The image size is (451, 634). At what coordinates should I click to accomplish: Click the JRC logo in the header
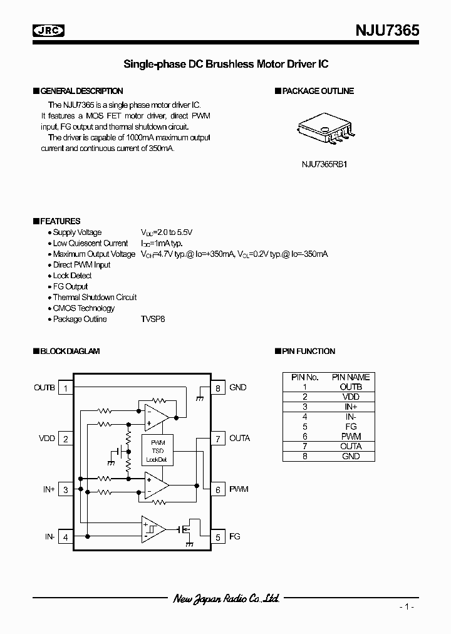click(49, 29)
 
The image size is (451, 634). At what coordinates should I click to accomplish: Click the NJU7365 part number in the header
click(388, 29)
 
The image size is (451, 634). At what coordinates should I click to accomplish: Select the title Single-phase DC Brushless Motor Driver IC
click(225, 64)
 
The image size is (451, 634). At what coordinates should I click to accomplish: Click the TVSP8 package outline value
click(153, 319)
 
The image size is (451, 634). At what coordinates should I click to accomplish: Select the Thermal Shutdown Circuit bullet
click(95, 297)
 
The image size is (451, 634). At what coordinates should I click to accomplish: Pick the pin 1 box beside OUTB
click(66, 388)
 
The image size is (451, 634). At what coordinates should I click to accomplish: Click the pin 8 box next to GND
click(217, 388)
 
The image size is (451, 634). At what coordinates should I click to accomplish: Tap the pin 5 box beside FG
click(217, 536)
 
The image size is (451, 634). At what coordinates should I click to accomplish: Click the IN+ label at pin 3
click(49, 489)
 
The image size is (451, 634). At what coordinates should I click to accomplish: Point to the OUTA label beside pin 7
click(240, 439)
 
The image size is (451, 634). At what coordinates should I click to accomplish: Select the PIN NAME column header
click(351, 377)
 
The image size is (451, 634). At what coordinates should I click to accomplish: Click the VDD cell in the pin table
click(351, 397)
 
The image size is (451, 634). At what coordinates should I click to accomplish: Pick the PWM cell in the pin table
click(351, 436)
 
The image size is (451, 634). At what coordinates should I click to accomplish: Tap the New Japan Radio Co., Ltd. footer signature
click(225, 599)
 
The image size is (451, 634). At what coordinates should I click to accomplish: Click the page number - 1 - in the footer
click(407, 607)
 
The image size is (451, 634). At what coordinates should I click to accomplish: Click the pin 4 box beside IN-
click(66, 536)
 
